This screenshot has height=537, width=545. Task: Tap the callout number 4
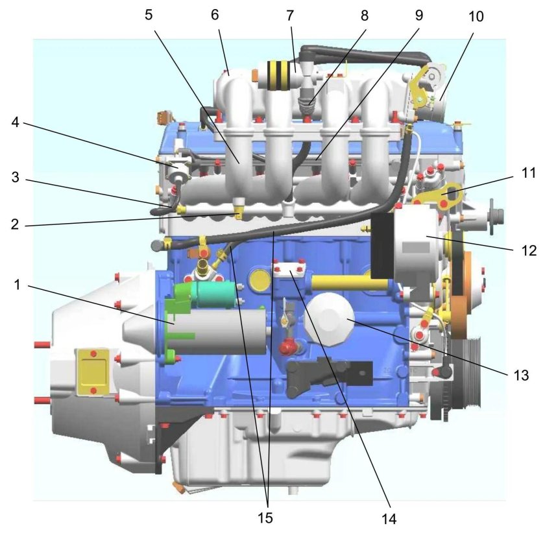[x=16, y=123]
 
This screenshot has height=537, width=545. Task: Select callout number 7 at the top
[x=290, y=16]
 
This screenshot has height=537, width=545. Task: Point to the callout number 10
[x=476, y=16]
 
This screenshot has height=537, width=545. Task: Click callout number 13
[x=521, y=375]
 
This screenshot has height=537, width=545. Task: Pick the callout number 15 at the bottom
[x=265, y=518]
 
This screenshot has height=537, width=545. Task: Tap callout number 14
[x=389, y=519]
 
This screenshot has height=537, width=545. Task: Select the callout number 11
[x=529, y=173]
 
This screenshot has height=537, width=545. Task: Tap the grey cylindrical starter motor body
[x=220, y=331]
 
